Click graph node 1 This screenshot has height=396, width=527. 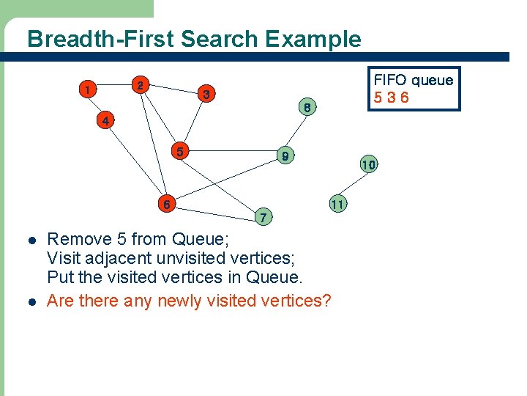coord(88,89)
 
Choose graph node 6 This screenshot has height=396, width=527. coord(167,205)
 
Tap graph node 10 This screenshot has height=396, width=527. coord(368,165)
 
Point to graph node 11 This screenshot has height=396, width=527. coord(337,204)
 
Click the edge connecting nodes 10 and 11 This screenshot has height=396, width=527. coord(353,185)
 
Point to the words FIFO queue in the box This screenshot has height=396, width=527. coord(414,80)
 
